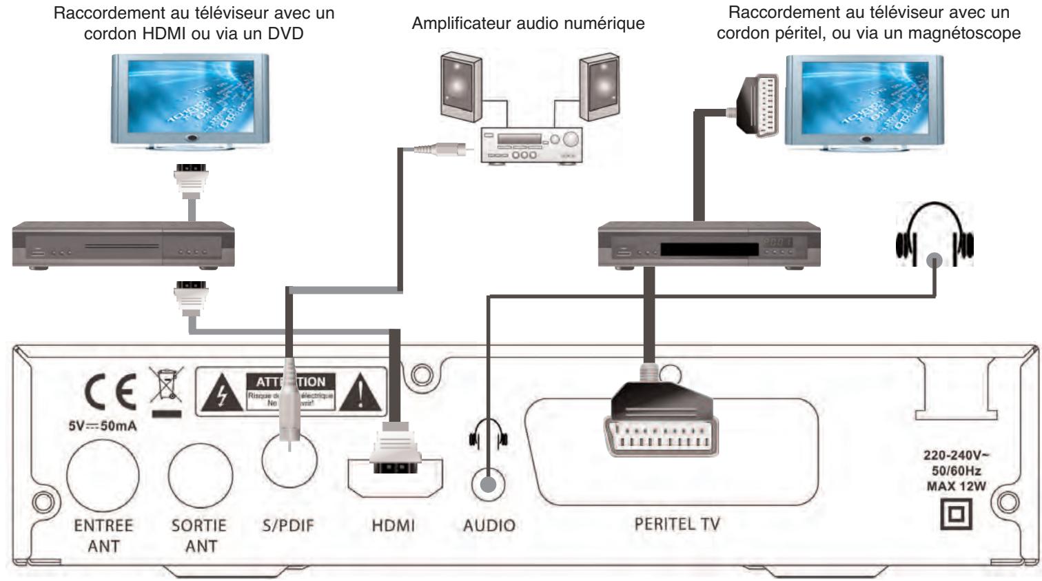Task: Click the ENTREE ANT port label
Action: tap(103, 535)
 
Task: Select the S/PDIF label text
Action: tap(288, 525)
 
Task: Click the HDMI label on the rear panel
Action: tap(394, 525)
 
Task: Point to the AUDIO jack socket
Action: tap(488, 485)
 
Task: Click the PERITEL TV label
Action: tap(677, 524)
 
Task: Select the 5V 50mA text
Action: tap(102, 426)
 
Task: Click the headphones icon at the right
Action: tap(934, 234)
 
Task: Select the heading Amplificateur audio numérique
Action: tap(528, 23)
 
